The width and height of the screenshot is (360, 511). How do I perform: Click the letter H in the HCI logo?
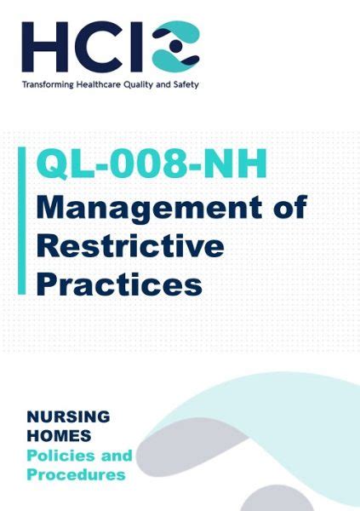pyautogui.click(x=44, y=47)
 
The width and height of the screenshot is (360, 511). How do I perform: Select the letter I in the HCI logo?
pyautogui.click(x=136, y=47)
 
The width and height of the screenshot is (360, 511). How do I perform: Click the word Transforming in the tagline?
pyautogui.click(x=48, y=85)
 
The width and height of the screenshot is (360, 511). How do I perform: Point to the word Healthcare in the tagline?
pyautogui.click(x=99, y=84)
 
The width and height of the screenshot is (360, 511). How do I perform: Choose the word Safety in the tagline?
pyautogui.click(x=186, y=85)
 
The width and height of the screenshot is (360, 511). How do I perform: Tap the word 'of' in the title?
pyautogui.click(x=290, y=206)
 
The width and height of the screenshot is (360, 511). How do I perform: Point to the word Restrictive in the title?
pyautogui.click(x=130, y=245)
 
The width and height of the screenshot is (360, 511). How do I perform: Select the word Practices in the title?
pyautogui.click(x=119, y=283)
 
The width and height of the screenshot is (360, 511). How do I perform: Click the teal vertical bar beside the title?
pyautogui.click(x=21, y=221)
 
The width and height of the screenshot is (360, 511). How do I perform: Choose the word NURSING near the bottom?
pyautogui.click(x=68, y=416)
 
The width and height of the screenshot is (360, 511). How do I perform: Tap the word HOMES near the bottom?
pyautogui.click(x=59, y=436)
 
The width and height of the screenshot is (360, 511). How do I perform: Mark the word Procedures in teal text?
pyautogui.click(x=77, y=474)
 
